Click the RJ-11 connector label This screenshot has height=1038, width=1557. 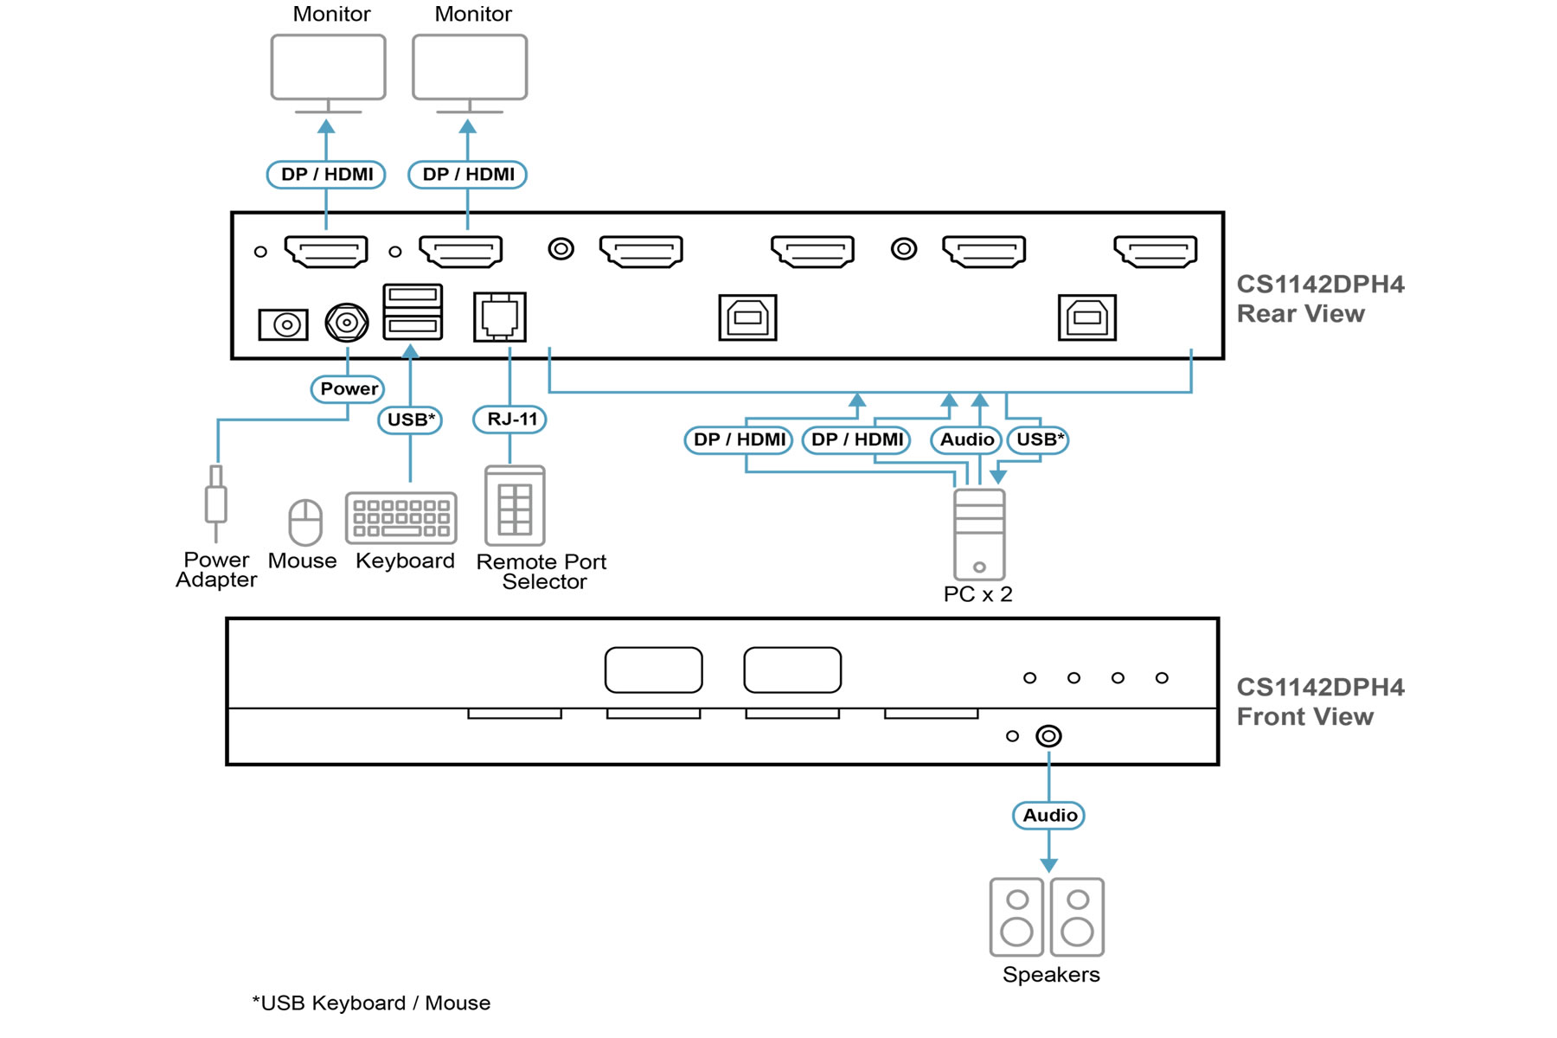(510, 420)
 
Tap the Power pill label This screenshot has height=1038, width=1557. (348, 389)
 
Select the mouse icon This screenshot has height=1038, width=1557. (304, 522)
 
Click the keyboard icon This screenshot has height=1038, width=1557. (401, 517)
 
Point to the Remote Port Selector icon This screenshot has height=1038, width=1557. (515, 506)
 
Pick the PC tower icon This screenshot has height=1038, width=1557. (979, 535)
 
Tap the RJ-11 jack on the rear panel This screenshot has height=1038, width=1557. (499, 317)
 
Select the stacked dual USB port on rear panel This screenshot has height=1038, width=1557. (413, 311)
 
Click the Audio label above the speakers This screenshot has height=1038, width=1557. (1048, 815)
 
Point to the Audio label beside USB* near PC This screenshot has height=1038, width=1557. (966, 439)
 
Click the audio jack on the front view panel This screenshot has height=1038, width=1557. (1048, 736)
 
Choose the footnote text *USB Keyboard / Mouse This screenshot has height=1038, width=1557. (371, 1003)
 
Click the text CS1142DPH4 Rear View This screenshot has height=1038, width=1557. (1320, 298)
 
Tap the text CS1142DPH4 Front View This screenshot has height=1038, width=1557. (1320, 702)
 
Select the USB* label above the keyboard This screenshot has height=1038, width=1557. (410, 420)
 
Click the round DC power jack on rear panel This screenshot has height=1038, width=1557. (347, 323)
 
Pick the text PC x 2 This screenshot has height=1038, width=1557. (977, 594)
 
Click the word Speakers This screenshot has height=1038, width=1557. (1051, 975)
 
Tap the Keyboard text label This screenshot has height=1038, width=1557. (405, 561)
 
